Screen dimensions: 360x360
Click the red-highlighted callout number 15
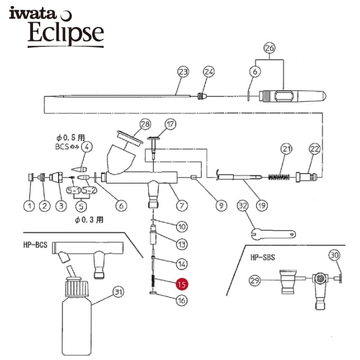(x=182, y=284)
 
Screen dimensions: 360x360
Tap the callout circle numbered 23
(x=183, y=72)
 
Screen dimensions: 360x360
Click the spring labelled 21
(x=279, y=177)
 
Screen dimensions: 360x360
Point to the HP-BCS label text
(x=35, y=245)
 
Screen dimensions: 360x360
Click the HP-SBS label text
(x=263, y=257)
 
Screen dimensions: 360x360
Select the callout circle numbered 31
(x=118, y=292)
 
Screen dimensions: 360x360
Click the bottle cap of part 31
(x=77, y=287)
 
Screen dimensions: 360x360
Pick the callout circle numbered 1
(x=29, y=206)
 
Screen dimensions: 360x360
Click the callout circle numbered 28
(x=145, y=124)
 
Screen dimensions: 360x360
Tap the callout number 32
(x=242, y=206)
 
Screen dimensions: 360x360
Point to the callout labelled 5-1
(x=73, y=190)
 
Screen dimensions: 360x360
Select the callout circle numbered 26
(x=269, y=48)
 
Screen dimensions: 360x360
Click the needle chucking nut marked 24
(x=202, y=95)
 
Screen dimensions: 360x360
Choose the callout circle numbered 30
(x=335, y=256)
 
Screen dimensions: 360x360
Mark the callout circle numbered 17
(x=170, y=124)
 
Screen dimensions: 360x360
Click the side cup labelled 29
(x=289, y=282)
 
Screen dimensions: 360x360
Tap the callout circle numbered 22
(x=314, y=149)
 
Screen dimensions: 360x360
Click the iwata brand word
(x=32, y=13)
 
